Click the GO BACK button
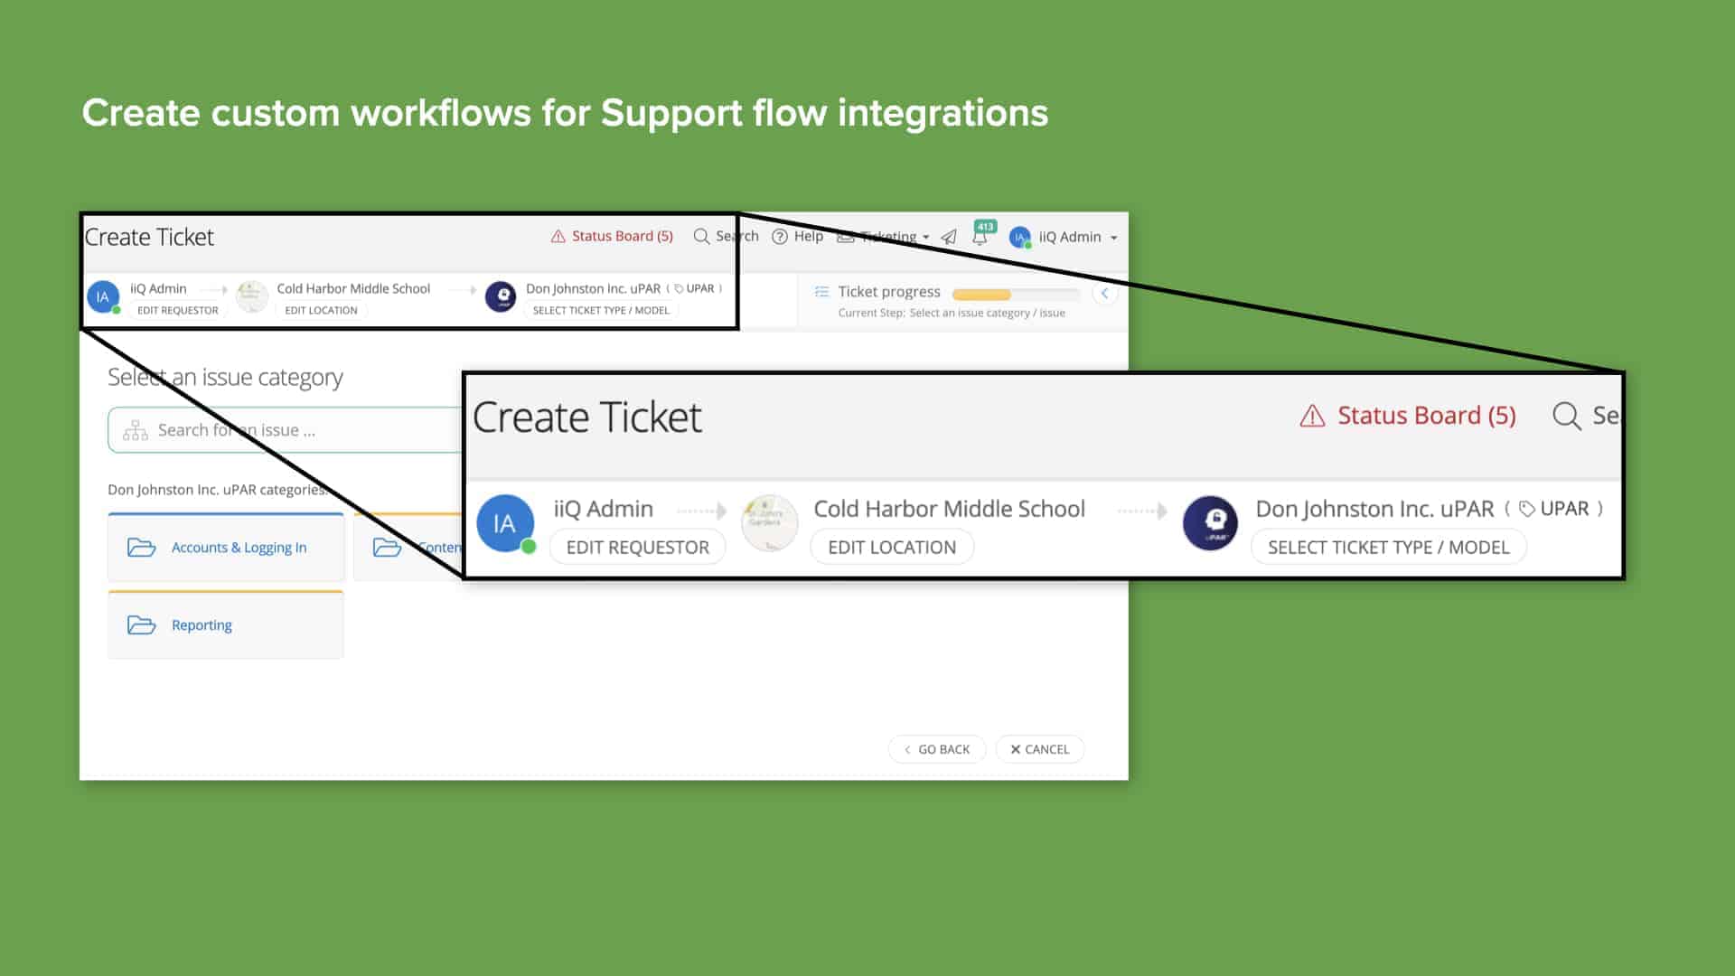[937, 749]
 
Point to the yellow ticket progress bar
[982, 294]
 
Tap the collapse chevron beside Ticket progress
[1104, 293]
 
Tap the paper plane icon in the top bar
[949, 237]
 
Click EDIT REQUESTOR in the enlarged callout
[637, 547]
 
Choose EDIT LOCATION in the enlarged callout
[892, 547]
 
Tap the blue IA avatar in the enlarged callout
[504, 523]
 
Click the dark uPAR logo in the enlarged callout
[1210, 523]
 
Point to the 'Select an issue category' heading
[225, 377]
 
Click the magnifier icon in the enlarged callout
[1566, 417]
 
